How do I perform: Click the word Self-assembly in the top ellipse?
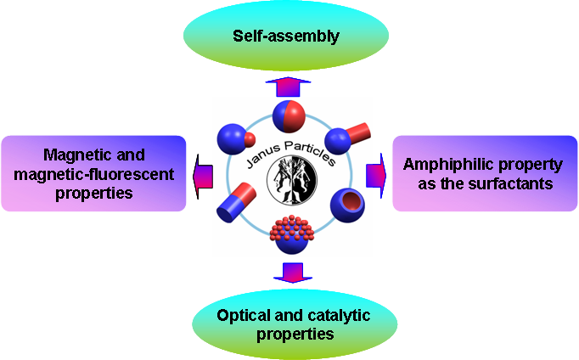pyautogui.click(x=288, y=37)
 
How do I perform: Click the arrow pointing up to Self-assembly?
pyautogui.click(x=288, y=87)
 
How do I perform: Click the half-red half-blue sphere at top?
pyautogui.click(x=289, y=115)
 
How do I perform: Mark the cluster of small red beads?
pyautogui.click(x=289, y=232)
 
